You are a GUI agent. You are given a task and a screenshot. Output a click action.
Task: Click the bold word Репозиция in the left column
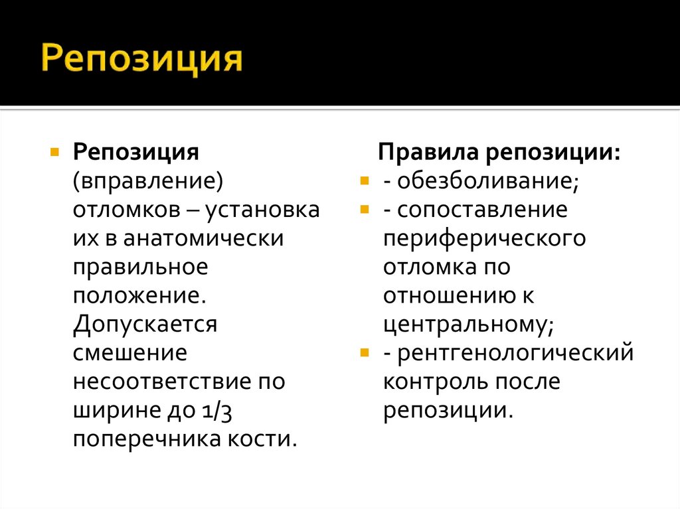pos(136,153)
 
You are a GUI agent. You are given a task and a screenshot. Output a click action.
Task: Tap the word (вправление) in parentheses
pos(147,181)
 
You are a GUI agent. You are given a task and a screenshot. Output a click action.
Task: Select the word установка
pos(264,210)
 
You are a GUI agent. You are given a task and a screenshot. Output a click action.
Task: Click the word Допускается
pos(145,324)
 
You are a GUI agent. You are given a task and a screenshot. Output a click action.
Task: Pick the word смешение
pos(130,352)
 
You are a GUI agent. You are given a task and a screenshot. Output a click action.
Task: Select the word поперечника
pos(149,439)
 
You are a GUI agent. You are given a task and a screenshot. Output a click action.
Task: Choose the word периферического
pos(484,238)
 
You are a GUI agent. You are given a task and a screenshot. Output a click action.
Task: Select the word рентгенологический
pos(515,352)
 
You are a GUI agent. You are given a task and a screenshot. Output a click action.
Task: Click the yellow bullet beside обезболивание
pos(363,181)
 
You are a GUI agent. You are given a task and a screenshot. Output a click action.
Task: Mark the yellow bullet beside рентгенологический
pos(363,352)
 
